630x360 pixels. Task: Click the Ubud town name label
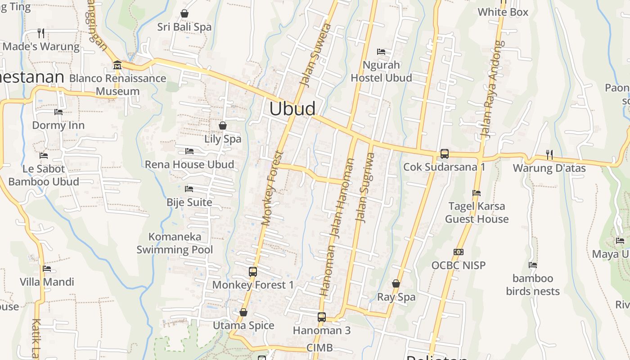(x=292, y=109)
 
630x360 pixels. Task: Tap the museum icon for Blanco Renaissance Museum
(x=117, y=65)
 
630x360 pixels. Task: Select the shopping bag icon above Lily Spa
(x=222, y=125)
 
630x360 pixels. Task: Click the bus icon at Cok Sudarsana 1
(x=444, y=154)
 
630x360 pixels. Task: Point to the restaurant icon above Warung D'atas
(x=549, y=155)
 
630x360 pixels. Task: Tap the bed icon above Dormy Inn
(x=58, y=112)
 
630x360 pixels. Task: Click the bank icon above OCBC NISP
(x=459, y=252)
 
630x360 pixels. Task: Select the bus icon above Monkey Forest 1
(x=253, y=271)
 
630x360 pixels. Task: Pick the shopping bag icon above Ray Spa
(x=396, y=283)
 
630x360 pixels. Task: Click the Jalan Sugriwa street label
(x=364, y=188)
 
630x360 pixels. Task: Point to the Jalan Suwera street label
(x=315, y=55)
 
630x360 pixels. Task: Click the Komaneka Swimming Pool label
(x=175, y=243)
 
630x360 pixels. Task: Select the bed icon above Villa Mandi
(x=47, y=269)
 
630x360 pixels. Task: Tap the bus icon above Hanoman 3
(x=321, y=317)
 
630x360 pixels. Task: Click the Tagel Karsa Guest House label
(x=477, y=213)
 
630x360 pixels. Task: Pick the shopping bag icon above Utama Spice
(x=243, y=312)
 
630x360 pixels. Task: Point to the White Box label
(x=503, y=12)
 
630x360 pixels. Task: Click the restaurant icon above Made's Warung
(x=40, y=33)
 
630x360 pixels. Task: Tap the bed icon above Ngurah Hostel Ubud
(x=381, y=52)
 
